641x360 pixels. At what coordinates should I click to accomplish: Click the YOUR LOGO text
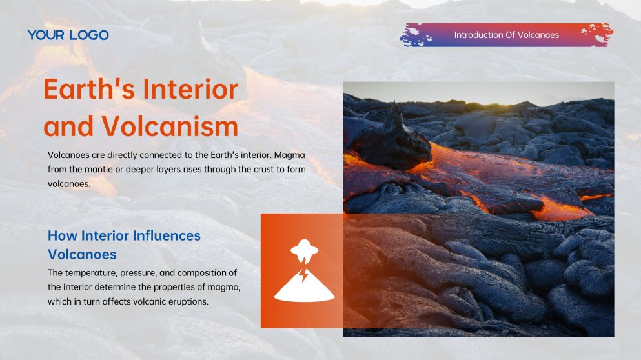(68, 35)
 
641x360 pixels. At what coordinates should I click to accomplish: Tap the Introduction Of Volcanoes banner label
(506, 35)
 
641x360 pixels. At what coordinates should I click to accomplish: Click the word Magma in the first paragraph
(290, 155)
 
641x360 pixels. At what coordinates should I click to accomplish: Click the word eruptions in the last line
(188, 301)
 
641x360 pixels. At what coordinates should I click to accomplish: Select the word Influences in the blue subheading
(167, 235)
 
